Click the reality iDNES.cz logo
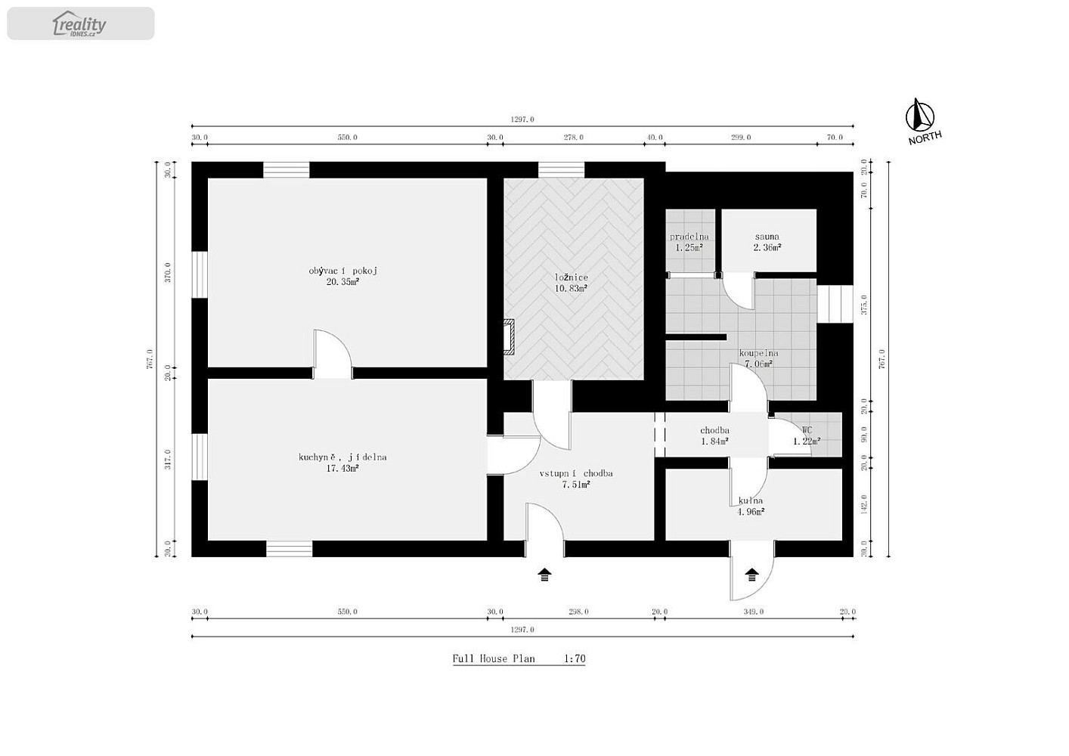(79, 23)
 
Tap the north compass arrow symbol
(919, 115)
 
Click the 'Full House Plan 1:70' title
(519, 658)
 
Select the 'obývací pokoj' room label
(342, 271)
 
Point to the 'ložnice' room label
(572, 277)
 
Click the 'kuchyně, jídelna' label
(342, 457)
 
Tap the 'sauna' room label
(767, 236)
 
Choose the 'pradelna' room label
(689, 236)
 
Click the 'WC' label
(807, 430)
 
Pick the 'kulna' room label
(751, 500)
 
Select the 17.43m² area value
(342, 468)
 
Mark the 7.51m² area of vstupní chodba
(576, 485)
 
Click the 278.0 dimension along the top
(574, 137)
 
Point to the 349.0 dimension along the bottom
(754, 612)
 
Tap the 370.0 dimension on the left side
(168, 272)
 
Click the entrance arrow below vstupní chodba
(544, 575)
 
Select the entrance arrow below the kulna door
(752, 575)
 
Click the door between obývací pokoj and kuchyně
(333, 354)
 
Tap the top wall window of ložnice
(561, 170)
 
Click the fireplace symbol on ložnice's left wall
(509, 337)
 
